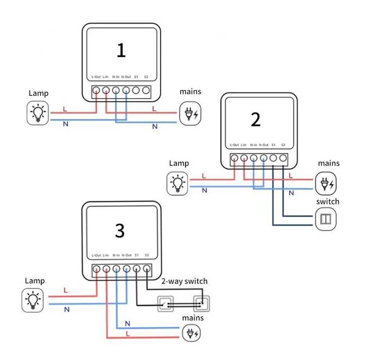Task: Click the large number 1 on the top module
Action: click(x=121, y=50)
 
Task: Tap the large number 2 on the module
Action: click(x=256, y=119)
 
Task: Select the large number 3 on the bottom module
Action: click(x=119, y=231)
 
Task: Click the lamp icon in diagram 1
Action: click(x=38, y=112)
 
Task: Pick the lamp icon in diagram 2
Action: click(x=178, y=183)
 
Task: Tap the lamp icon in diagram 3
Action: click(x=33, y=300)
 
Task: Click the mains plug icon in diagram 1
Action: click(x=190, y=113)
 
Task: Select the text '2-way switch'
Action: click(x=184, y=281)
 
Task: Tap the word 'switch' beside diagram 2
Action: click(x=328, y=201)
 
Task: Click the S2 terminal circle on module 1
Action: click(x=146, y=92)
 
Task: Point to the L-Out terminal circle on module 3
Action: click(x=96, y=269)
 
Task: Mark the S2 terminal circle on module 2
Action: click(x=283, y=159)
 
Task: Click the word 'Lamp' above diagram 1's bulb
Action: click(x=39, y=93)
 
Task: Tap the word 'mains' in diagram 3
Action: click(x=193, y=318)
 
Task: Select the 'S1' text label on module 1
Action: click(x=136, y=77)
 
